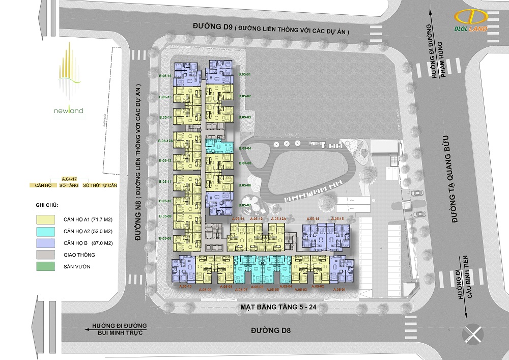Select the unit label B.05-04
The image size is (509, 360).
(x=246, y=148)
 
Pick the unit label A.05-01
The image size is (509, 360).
(x=339, y=289)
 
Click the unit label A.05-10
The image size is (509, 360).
(x=186, y=286)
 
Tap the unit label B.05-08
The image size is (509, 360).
(x=165, y=238)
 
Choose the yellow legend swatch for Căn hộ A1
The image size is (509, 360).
(x=45, y=219)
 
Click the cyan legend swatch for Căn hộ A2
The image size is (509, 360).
(x=45, y=231)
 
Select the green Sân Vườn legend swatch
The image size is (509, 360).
(x=45, y=266)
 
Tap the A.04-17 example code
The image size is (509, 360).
(x=69, y=179)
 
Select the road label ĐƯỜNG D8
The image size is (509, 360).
(x=274, y=330)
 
